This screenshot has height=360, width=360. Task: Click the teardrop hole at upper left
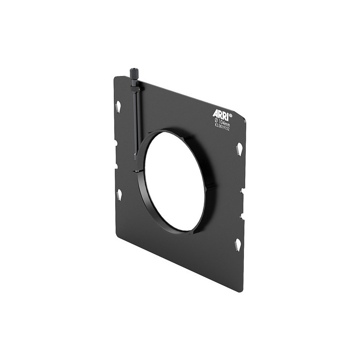[x=118, y=107]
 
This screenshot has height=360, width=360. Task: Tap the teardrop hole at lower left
[x=119, y=194]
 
